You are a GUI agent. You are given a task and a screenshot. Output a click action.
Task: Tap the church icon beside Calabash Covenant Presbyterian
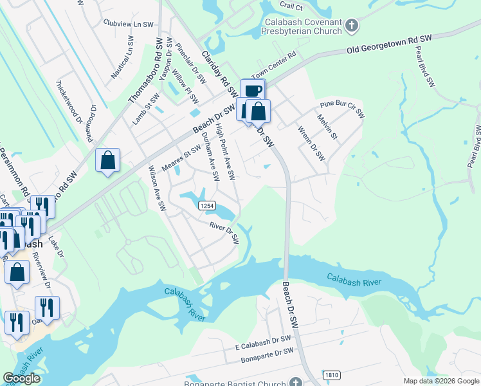(x=351, y=26)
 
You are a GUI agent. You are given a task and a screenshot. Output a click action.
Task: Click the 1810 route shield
(x=332, y=374)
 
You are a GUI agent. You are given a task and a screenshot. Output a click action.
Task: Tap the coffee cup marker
(x=252, y=91)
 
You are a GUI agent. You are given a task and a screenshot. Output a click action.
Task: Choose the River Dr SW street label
(x=224, y=233)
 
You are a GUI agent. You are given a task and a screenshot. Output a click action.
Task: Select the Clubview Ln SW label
(x=129, y=23)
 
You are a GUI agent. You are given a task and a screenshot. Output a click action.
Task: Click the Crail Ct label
(x=291, y=6)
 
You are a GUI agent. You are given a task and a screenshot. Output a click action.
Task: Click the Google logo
(x=22, y=378)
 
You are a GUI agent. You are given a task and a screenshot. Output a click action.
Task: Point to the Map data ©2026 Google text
(x=441, y=381)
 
